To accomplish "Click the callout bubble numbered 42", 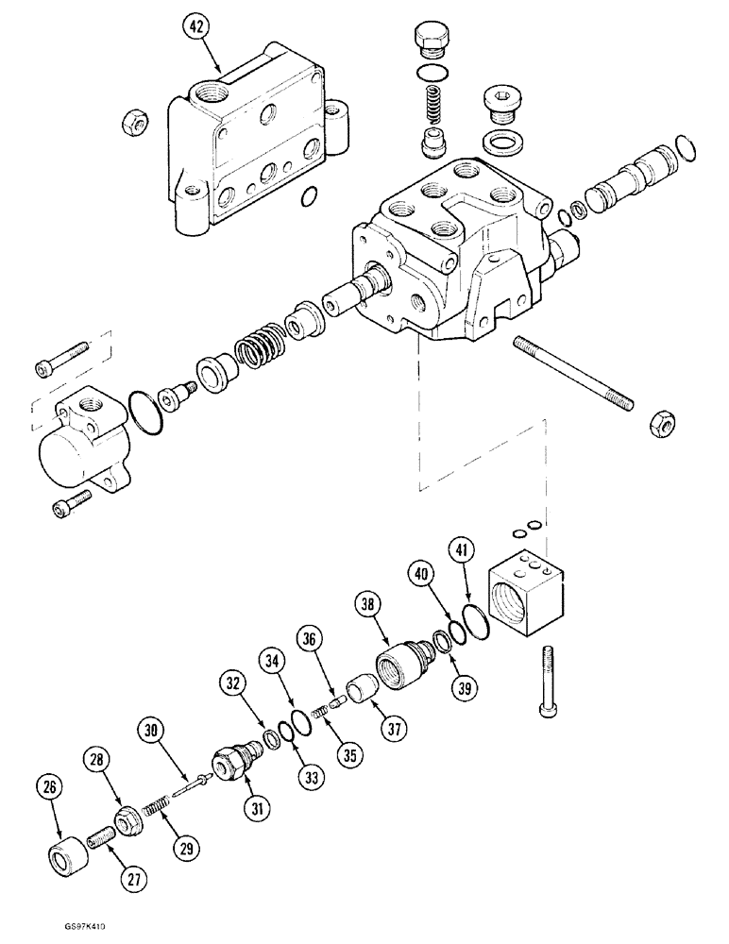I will [x=195, y=29].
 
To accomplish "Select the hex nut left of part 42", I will [x=133, y=121].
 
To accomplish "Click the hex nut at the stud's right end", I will [x=658, y=425].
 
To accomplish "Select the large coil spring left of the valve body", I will [x=260, y=346].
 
